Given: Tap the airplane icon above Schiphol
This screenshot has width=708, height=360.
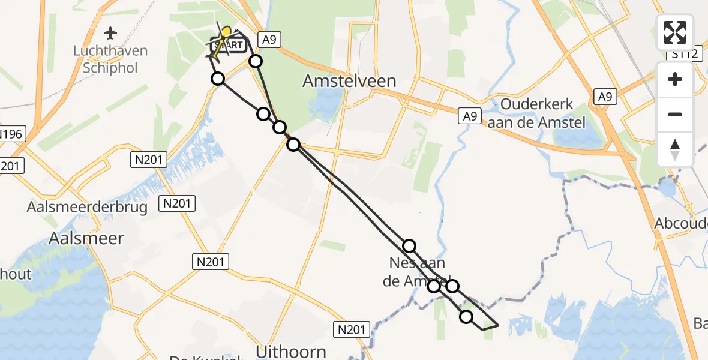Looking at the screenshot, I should [x=110, y=32].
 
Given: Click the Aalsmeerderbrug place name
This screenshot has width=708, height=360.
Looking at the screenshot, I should [x=88, y=207].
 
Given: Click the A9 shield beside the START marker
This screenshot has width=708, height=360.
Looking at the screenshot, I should [x=268, y=40].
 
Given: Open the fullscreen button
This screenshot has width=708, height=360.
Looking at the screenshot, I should [x=675, y=32].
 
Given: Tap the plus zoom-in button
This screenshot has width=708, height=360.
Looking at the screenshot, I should [x=675, y=79].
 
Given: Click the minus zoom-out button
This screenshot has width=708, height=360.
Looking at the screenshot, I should [x=675, y=114].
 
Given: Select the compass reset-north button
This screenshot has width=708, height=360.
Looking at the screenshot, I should [x=675, y=149].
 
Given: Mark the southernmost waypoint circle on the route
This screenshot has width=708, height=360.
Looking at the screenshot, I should [x=466, y=317].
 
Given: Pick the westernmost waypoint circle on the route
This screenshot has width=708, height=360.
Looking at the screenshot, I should [x=218, y=79].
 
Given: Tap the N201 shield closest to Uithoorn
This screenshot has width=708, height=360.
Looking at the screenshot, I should [x=350, y=329].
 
